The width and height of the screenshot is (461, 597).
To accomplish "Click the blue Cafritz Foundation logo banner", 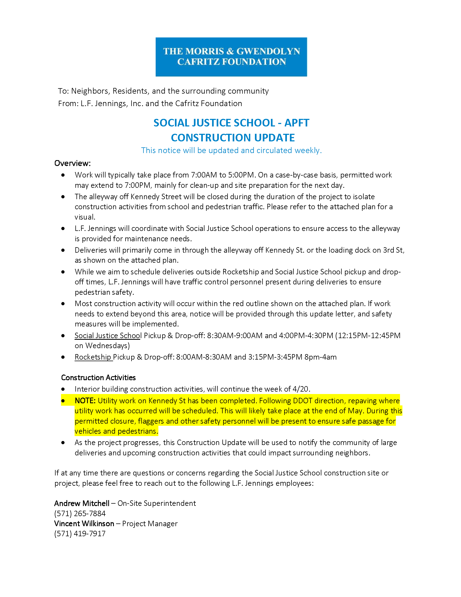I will click(x=231, y=57).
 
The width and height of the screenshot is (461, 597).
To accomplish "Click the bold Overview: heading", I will click(x=72, y=163).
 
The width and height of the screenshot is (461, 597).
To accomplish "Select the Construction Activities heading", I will click(x=98, y=377).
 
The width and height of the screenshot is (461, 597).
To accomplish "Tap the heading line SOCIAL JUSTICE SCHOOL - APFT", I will click(x=231, y=123).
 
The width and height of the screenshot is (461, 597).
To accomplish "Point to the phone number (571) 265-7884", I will click(x=80, y=513).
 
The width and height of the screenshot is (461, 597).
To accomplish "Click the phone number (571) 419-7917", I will click(x=80, y=533).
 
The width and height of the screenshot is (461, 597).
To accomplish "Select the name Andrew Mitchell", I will click(x=82, y=503).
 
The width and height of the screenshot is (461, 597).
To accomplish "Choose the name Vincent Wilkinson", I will click(x=84, y=523).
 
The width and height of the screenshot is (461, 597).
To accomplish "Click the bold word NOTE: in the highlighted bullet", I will click(x=85, y=401).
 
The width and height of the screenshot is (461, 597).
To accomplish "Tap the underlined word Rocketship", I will click(x=93, y=357).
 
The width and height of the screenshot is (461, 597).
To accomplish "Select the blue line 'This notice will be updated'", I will click(x=231, y=150).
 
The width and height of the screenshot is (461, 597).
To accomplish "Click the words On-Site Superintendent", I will click(x=156, y=503).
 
